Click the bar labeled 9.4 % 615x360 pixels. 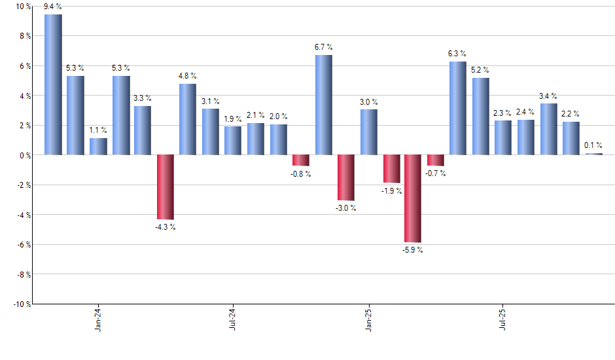pyautogui.click(x=53, y=85)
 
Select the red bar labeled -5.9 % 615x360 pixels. pyautogui.click(x=413, y=198)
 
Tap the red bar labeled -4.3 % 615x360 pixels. pyautogui.click(x=165, y=187)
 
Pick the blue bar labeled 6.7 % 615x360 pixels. pyautogui.click(x=323, y=105)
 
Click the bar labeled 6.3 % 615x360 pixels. pyautogui.click(x=458, y=108)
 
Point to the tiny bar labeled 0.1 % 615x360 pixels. pyautogui.click(x=593, y=154)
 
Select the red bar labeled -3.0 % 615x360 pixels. pyautogui.click(x=345, y=177)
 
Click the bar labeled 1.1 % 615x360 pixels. pyautogui.click(x=98, y=147)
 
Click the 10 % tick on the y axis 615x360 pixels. pyautogui.click(x=22, y=7)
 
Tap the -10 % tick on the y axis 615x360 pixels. pyautogui.click(x=21, y=304)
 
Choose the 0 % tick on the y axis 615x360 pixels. pyautogui.click(x=24, y=155)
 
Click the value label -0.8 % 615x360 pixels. pyautogui.click(x=301, y=174)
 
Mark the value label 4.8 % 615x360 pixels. pyautogui.click(x=187, y=76)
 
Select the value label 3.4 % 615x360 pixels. pyautogui.click(x=548, y=96)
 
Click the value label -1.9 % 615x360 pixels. pyautogui.click(x=391, y=191)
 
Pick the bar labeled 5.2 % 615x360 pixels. pyautogui.click(x=480, y=117)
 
